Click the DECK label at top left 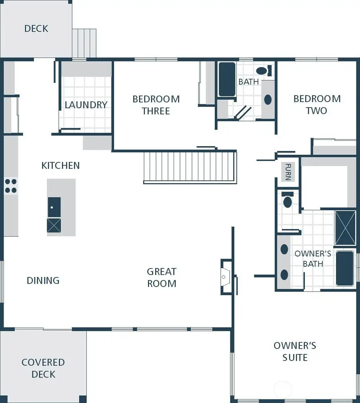(x=36, y=28)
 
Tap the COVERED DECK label (x=43, y=368)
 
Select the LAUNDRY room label (x=86, y=105)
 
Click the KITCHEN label (x=60, y=165)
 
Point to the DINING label (x=43, y=280)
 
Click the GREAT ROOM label (x=162, y=277)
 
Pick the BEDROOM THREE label (x=156, y=105)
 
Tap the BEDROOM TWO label (x=317, y=104)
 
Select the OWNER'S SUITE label (x=295, y=351)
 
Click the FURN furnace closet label (x=288, y=172)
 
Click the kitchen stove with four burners (x=11, y=186)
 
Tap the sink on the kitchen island (x=54, y=207)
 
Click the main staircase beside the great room (x=190, y=167)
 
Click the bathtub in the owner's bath (x=345, y=268)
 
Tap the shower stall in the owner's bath (x=345, y=227)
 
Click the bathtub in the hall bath (x=227, y=79)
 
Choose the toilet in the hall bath (x=263, y=71)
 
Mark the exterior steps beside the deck (x=84, y=43)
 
